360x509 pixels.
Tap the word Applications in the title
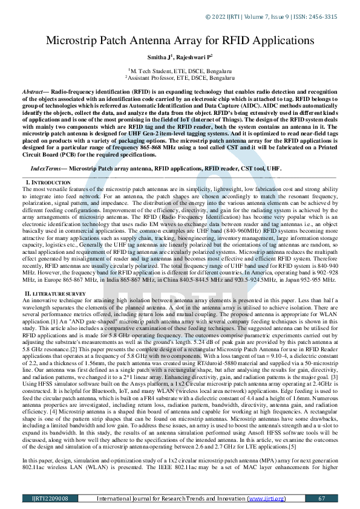pos(278,41)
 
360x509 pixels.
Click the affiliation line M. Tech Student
pos(180,71)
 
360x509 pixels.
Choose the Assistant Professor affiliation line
pos(180,77)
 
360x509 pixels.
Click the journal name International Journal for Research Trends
pos(175,498)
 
